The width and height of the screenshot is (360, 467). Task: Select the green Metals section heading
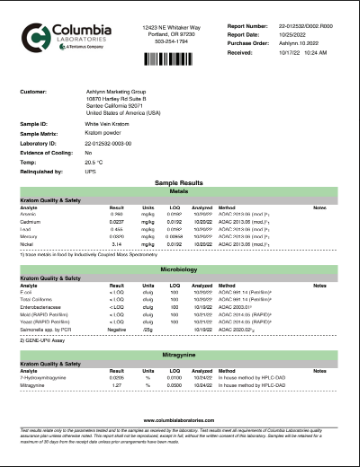pyautogui.click(x=180, y=190)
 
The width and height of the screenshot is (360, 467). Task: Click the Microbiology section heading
pyautogui.click(x=180, y=268)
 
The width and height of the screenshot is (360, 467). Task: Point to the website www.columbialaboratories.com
pyautogui.click(x=180, y=421)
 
